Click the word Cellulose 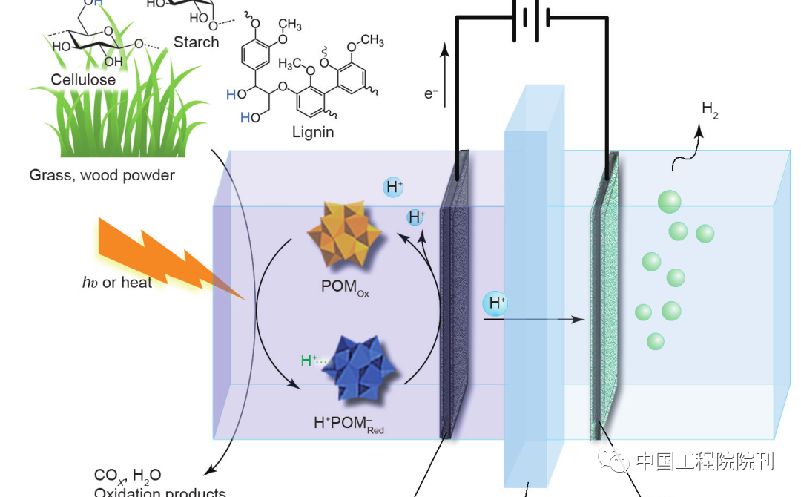click(83, 79)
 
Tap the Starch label click(196, 42)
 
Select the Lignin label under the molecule click(313, 133)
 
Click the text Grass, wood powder click(102, 176)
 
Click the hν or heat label click(116, 283)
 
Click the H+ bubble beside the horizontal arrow click(495, 303)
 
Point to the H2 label click(710, 110)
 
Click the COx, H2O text click(128, 475)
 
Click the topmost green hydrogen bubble click(669, 201)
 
